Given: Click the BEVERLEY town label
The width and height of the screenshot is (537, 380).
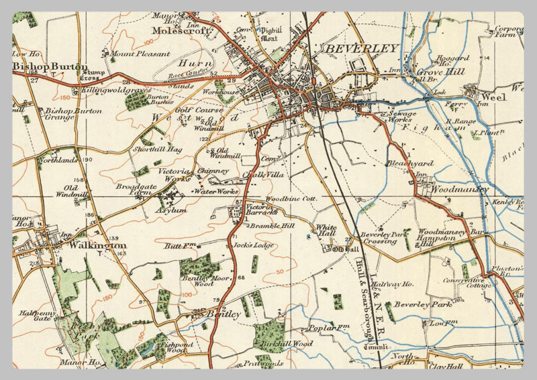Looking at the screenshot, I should [x=361, y=48].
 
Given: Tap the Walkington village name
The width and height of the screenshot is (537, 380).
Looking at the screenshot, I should [x=97, y=246].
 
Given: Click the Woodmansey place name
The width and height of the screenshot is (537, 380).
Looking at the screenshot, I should [x=455, y=190].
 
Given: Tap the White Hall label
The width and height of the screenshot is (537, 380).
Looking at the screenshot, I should [x=326, y=231].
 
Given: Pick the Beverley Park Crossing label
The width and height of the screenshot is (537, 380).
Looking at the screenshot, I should [x=382, y=238].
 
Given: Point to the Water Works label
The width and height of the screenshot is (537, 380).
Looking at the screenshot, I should [x=215, y=192].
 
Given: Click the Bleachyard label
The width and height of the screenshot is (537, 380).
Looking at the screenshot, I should [x=410, y=163].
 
